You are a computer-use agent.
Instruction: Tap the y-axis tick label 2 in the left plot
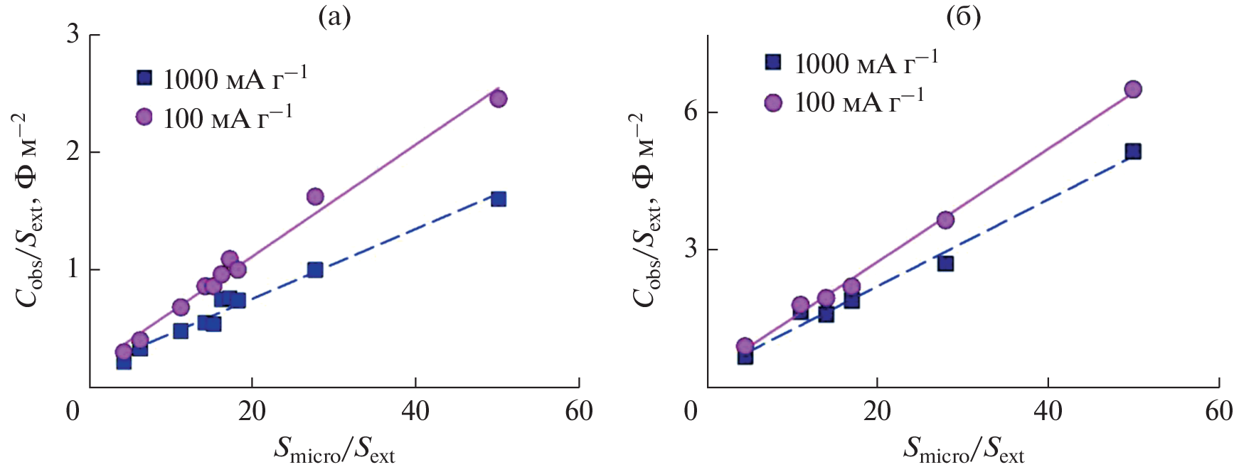(x=73, y=152)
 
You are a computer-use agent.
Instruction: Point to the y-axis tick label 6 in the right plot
(x=690, y=112)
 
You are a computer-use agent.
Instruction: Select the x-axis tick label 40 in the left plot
(x=415, y=411)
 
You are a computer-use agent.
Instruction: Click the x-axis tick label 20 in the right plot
(x=877, y=411)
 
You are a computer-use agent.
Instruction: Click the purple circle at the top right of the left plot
(x=498, y=99)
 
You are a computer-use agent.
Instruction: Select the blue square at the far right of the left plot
(x=499, y=199)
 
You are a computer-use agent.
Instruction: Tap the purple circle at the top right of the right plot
(x=1133, y=90)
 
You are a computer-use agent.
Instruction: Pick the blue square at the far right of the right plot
(x=1133, y=151)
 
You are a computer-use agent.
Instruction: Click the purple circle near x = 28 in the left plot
(x=315, y=196)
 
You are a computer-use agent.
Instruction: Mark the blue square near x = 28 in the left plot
(x=315, y=269)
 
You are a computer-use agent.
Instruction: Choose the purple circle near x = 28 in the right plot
(x=945, y=220)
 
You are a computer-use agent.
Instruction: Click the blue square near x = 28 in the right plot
(x=945, y=264)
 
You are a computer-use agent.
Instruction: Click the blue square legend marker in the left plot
(x=144, y=77)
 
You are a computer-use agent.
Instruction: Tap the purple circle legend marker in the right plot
(x=773, y=103)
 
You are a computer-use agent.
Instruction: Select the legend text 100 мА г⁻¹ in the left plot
(x=228, y=117)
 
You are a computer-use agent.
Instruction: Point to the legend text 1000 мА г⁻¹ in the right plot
(x=866, y=63)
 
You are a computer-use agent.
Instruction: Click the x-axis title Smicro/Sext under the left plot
(x=334, y=450)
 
